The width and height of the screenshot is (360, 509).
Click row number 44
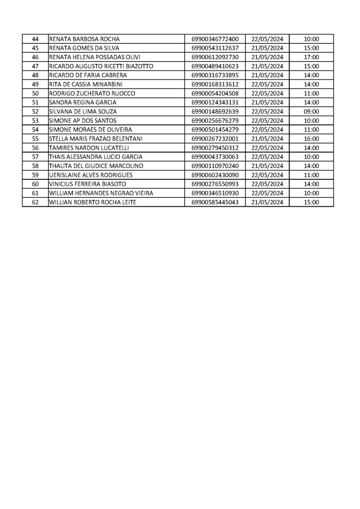[35, 39]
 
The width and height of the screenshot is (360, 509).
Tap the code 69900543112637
[215, 48]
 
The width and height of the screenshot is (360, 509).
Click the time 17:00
[311, 57]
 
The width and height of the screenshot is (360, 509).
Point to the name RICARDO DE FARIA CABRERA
[88, 75]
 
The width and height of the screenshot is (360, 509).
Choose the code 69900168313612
[215, 84]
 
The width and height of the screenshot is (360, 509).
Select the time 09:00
[311, 111]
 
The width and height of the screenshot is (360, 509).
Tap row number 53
[35, 120]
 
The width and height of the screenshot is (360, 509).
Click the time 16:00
[311, 139]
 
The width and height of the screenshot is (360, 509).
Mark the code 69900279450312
[215, 148]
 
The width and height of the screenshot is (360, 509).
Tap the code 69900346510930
[215, 193]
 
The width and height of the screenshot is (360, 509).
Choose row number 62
[35, 202]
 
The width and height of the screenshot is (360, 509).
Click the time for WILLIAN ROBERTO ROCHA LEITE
[311, 202]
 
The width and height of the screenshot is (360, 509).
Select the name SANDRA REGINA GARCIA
[83, 102]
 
